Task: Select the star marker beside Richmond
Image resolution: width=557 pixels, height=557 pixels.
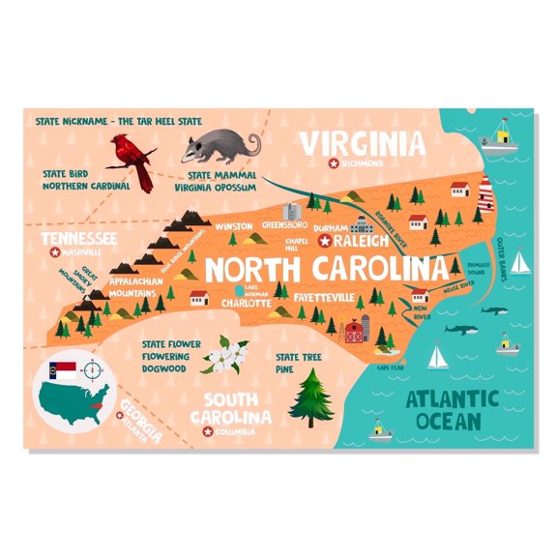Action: pos(335,165)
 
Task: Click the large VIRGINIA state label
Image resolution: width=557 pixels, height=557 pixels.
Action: pos(361,145)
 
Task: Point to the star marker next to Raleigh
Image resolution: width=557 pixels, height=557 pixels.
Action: pos(326,240)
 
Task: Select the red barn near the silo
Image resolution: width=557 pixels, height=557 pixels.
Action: pos(354,333)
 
